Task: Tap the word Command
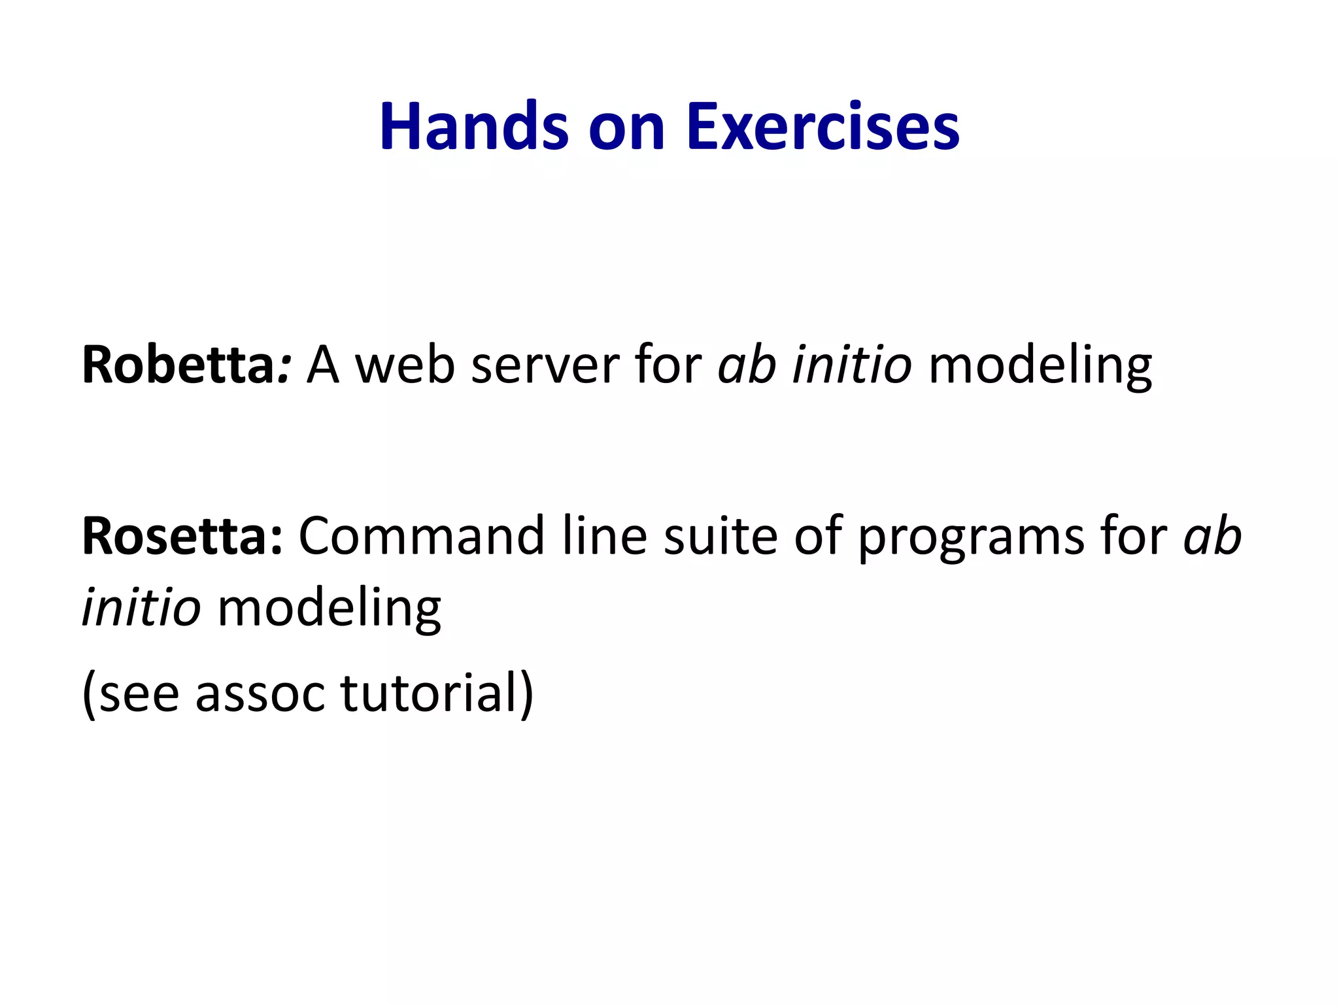point(421,536)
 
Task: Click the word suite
point(720,536)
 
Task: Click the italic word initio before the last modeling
point(141,608)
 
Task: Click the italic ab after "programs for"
point(1213,536)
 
